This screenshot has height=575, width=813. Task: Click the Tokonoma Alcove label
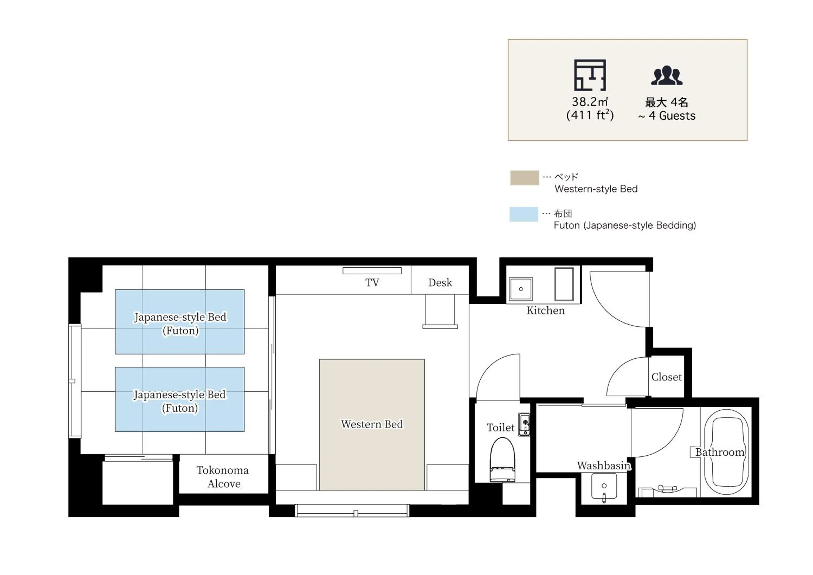(x=223, y=477)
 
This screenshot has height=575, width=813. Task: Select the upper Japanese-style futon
(x=179, y=322)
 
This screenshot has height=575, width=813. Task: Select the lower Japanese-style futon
(x=179, y=399)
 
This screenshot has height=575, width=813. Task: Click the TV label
(x=372, y=283)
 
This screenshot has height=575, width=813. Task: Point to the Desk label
(x=440, y=283)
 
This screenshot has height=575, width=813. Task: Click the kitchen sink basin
(x=521, y=289)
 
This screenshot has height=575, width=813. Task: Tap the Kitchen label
(x=545, y=311)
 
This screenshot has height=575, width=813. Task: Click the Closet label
(x=666, y=377)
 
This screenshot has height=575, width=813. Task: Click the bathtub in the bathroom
(x=726, y=452)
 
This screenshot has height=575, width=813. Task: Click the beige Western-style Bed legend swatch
(x=524, y=178)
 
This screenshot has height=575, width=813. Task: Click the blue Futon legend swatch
(x=524, y=214)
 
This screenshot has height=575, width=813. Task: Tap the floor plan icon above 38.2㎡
(x=590, y=75)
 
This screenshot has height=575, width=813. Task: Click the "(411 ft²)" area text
(x=590, y=115)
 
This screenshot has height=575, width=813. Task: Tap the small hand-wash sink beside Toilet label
(x=524, y=424)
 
